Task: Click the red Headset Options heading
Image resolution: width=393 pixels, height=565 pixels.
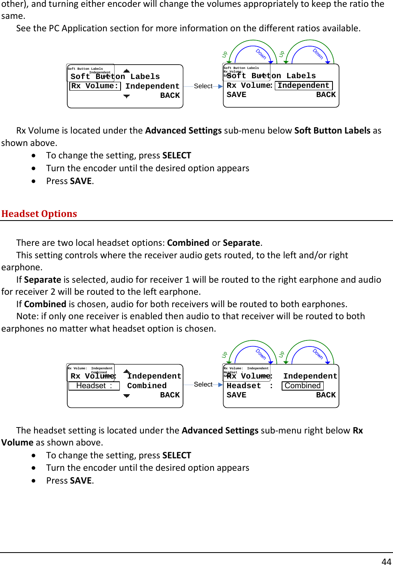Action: pos(39,214)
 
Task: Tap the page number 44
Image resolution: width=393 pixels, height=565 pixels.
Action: pos(386,561)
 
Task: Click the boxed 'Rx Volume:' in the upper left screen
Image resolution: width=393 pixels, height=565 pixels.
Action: pos(95,86)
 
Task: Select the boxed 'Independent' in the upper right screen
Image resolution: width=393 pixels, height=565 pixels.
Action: pos(303,85)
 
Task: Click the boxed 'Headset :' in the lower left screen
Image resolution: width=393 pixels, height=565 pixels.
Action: pos(94,386)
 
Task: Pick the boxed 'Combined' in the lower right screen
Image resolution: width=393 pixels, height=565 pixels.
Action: pos(302,386)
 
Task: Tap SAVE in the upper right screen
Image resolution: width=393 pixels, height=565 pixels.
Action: pos(236,95)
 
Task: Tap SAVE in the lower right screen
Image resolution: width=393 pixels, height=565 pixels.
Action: pos(236,395)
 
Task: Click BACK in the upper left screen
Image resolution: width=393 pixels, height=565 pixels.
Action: pos(170,95)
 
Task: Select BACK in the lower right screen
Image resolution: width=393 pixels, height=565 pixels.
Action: pos(326,395)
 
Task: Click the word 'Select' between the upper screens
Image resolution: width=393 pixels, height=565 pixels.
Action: pos(203,86)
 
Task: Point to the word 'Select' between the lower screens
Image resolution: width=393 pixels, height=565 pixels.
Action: pos(203,384)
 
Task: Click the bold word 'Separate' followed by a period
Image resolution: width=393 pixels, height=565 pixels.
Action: pos(241,243)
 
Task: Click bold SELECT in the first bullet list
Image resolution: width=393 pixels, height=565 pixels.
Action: pos(177,155)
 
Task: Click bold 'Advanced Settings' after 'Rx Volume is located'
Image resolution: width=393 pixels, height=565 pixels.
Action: pos(183,130)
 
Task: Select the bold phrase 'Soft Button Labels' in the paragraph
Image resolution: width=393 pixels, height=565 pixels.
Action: pos(332,130)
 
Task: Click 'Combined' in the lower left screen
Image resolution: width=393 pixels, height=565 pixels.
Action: pos(147,386)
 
